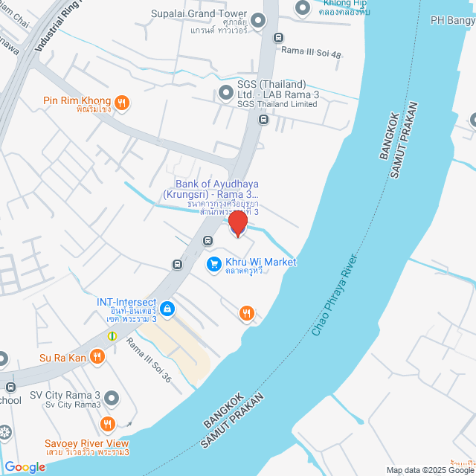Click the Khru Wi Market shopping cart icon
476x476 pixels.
[x=213, y=263]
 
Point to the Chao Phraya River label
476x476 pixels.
[x=338, y=292]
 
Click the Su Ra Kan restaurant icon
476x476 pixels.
[x=97, y=358]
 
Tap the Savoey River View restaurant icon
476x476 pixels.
[x=109, y=425]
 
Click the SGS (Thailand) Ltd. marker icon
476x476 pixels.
[x=225, y=93]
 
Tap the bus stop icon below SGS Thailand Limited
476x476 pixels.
[x=263, y=119]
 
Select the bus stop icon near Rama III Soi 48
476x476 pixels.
[x=278, y=38]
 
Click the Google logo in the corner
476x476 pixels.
[x=24, y=467]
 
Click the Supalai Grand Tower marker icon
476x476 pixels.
[x=259, y=20]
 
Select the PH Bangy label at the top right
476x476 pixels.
[x=452, y=19]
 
